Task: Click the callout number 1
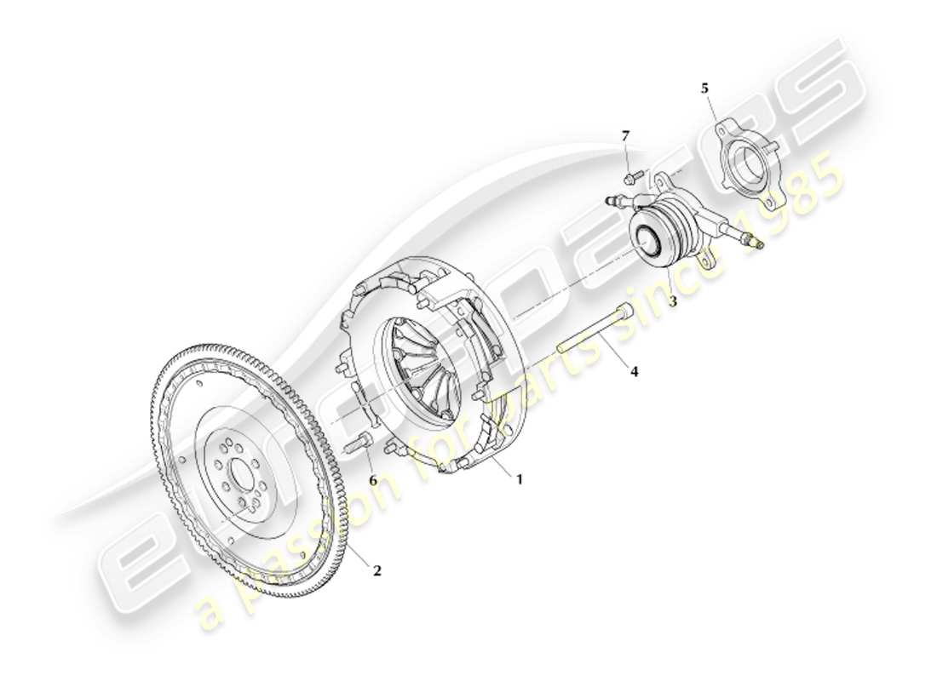coord(519,479)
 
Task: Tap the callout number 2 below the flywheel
coord(377,570)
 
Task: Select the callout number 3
coord(672,301)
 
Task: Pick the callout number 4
coord(633,371)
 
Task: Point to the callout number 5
coord(704,88)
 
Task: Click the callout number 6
coord(372,480)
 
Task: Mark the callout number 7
coord(626,135)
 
